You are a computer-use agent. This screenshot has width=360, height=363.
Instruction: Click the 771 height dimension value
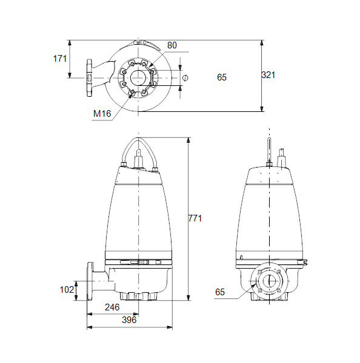195,218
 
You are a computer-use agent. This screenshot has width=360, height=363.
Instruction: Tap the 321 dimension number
268,75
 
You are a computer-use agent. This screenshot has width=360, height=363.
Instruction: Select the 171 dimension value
60,59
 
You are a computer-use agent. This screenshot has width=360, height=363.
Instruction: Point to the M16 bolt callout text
102,114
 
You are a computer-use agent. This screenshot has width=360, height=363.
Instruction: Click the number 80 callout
172,45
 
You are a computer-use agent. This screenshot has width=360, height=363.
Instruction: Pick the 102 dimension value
67,290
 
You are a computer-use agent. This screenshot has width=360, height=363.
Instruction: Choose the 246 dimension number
112,307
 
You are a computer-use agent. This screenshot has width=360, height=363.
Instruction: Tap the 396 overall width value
129,320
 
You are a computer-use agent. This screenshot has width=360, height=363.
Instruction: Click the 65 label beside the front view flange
220,292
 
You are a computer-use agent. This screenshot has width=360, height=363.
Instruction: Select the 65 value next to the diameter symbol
222,77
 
